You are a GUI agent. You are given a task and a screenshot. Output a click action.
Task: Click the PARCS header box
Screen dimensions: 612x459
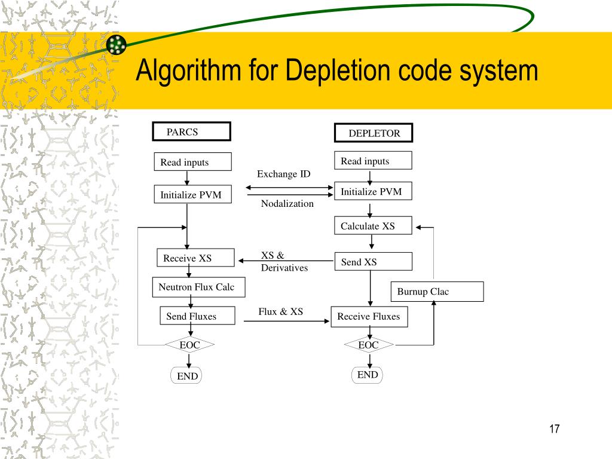191,131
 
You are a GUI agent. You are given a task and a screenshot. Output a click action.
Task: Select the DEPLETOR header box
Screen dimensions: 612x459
374,133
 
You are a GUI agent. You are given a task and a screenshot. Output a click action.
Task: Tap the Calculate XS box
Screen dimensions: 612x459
373,225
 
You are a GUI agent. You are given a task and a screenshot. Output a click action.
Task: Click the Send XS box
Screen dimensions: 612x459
373,262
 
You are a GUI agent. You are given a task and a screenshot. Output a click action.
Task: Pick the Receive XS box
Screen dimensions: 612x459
195,258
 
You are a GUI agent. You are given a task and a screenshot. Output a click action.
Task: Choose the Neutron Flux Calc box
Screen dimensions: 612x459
198,287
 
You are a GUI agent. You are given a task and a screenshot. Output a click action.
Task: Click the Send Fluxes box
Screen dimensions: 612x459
197,316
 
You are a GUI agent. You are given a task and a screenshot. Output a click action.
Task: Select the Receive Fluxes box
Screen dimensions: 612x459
369,317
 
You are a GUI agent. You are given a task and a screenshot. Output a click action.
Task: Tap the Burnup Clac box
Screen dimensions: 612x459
437,292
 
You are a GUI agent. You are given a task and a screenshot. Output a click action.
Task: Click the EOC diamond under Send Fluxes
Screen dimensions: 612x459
189,345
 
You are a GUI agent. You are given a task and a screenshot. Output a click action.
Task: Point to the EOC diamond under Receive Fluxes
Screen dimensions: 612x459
369,345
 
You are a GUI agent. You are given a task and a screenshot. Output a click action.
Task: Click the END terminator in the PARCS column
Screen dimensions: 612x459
186,375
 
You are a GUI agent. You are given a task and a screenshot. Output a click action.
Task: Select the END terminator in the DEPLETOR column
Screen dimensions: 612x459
368,375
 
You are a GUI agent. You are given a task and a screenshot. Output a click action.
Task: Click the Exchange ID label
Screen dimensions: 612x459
284,174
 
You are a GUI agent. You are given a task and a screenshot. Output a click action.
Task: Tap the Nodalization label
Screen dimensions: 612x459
287,203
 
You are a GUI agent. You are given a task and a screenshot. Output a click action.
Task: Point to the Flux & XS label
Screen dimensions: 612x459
281,311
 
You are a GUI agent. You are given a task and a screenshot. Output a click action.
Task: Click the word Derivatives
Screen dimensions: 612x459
284,268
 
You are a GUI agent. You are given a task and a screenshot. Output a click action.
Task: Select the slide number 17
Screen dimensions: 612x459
554,429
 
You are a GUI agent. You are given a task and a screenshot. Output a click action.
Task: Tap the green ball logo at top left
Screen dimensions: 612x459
117,44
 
